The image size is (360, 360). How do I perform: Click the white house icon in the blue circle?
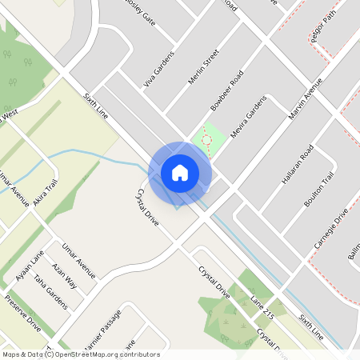pos(180,173)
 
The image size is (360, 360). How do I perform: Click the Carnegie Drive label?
pos(330,229)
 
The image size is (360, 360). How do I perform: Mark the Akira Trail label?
pos(46,192)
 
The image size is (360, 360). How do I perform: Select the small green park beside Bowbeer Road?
pos(207,141)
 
